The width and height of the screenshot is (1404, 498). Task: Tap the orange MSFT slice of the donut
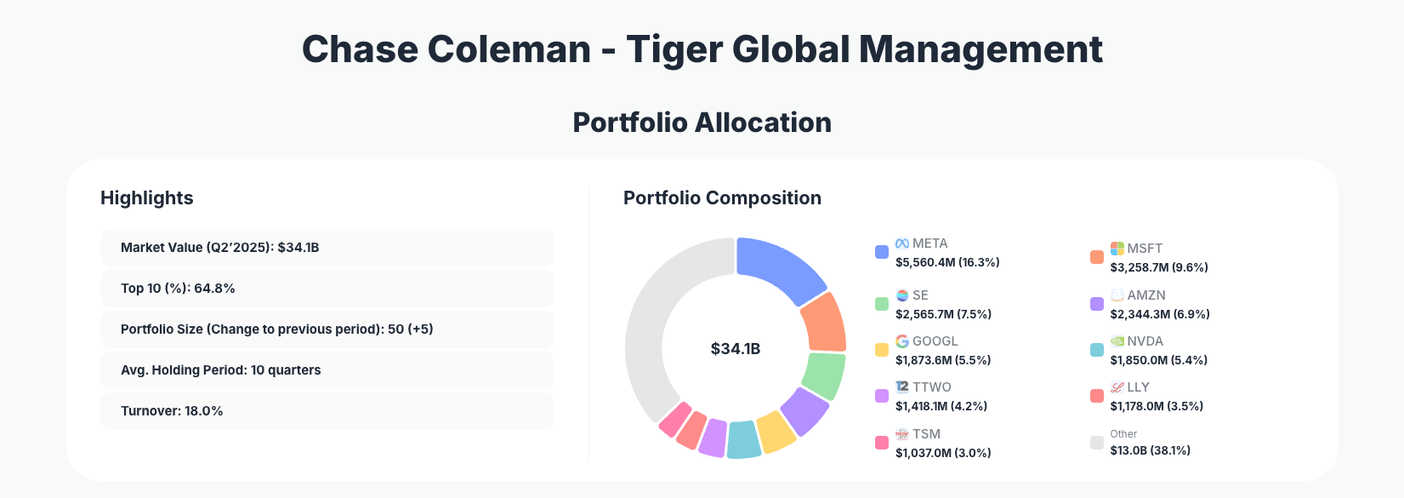point(823,323)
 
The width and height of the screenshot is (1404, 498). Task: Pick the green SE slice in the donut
point(822,375)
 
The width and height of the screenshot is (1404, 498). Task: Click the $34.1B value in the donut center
point(736,349)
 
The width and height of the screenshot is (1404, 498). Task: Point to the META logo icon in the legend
point(902,243)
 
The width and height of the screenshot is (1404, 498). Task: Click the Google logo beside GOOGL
point(902,341)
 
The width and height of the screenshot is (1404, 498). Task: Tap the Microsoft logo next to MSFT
point(1117,249)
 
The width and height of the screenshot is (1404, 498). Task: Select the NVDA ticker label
point(1145,341)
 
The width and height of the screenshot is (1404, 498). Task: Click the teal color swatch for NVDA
point(1097,350)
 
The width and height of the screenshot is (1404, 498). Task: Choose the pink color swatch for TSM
point(882,443)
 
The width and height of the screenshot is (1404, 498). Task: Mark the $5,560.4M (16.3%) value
point(947,262)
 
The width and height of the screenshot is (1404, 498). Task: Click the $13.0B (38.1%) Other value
point(1150,450)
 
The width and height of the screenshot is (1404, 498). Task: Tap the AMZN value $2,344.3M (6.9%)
point(1160,314)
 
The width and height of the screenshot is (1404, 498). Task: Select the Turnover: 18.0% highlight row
point(327,411)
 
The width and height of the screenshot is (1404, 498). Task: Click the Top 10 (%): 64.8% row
point(327,289)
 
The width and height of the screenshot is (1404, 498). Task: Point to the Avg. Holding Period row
point(327,370)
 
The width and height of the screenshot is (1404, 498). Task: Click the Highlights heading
point(147,198)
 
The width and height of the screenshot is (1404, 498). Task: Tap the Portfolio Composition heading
point(722,198)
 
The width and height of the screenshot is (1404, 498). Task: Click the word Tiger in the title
point(674,49)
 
